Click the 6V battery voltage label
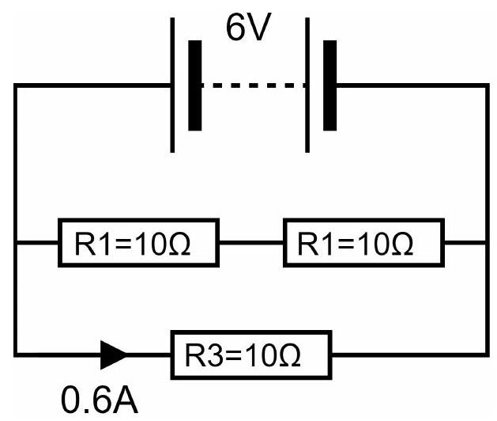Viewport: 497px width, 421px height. [249, 28]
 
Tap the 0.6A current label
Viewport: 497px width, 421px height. [100, 399]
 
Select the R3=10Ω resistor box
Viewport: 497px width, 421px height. [251, 355]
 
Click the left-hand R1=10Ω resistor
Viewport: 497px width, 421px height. [138, 243]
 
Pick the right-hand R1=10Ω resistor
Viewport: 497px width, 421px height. [363, 243]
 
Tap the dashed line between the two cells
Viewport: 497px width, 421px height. [254, 85]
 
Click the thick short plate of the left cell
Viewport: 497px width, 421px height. [195, 85]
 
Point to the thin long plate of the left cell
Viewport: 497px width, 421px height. [172, 85]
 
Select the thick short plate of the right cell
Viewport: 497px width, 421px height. [330, 85]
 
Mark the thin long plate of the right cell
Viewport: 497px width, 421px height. [307, 85]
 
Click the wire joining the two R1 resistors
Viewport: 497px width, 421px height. [251, 243]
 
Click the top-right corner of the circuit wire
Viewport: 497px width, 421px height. [488, 85]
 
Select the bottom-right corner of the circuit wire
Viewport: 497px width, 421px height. [488, 355]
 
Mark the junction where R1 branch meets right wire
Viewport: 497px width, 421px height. [488, 243]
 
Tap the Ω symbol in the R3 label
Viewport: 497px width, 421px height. [288, 355]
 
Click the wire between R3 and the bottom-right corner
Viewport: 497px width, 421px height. [409, 355]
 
